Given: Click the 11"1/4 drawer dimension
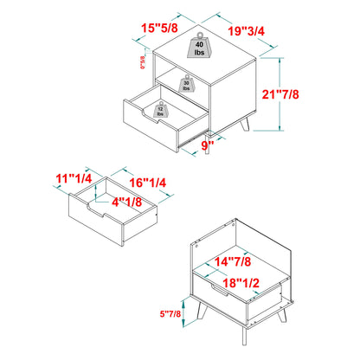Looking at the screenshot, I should pyautogui.click(x=73, y=179).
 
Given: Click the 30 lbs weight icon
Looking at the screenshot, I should pyautogui.click(x=185, y=84).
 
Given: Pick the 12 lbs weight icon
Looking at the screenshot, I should pyautogui.click(x=161, y=110).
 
